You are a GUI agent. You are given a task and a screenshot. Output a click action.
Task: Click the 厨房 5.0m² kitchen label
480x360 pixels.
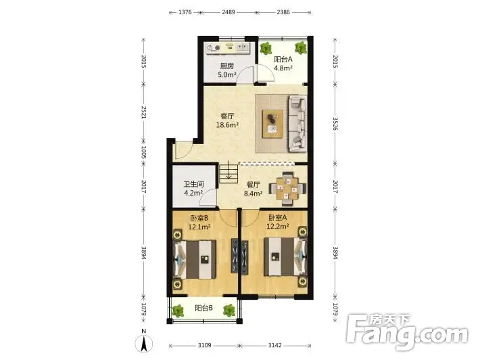click(x=227, y=70)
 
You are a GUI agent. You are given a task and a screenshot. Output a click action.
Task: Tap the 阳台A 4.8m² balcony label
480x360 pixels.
click(x=283, y=64)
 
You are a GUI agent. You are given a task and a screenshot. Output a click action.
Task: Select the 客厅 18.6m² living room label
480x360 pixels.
click(x=227, y=120)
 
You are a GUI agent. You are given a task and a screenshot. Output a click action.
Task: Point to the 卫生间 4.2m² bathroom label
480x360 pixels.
click(x=193, y=188)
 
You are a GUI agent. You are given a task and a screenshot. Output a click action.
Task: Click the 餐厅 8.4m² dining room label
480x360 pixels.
click(x=253, y=189)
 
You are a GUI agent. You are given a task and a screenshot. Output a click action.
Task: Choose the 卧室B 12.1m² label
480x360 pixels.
click(x=199, y=222)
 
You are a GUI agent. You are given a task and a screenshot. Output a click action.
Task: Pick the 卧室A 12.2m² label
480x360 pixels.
click(x=278, y=222)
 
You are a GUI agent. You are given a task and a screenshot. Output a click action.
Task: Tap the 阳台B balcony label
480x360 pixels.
click(x=204, y=308)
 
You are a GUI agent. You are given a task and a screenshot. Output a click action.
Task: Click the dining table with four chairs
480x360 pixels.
click(x=287, y=188)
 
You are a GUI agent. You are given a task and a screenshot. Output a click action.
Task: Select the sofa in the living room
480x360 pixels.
click(x=297, y=124)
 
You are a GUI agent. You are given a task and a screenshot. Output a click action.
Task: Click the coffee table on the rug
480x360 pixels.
click(x=272, y=124)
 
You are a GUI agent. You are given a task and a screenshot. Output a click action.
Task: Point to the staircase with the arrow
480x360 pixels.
click(x=229, y=174)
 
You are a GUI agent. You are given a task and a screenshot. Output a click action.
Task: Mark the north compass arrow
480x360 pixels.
click(x=143, y=344)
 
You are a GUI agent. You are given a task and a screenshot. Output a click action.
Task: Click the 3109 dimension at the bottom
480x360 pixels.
click(x=204, y=345)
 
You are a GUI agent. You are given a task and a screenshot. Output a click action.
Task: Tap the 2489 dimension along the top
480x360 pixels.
click(x=229, y=12)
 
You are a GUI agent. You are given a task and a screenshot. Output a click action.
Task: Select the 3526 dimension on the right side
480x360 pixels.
click(x=335, y=123)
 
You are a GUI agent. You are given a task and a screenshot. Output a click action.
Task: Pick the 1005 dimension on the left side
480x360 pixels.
click(x=143, y=152)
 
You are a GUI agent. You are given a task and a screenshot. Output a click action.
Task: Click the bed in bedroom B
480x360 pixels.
click(x=195, y=260)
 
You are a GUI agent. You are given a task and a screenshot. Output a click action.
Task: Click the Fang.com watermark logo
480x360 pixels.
click(x=408, y=331)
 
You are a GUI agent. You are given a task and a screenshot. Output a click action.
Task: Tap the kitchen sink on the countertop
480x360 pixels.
click(x=243, y=47)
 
